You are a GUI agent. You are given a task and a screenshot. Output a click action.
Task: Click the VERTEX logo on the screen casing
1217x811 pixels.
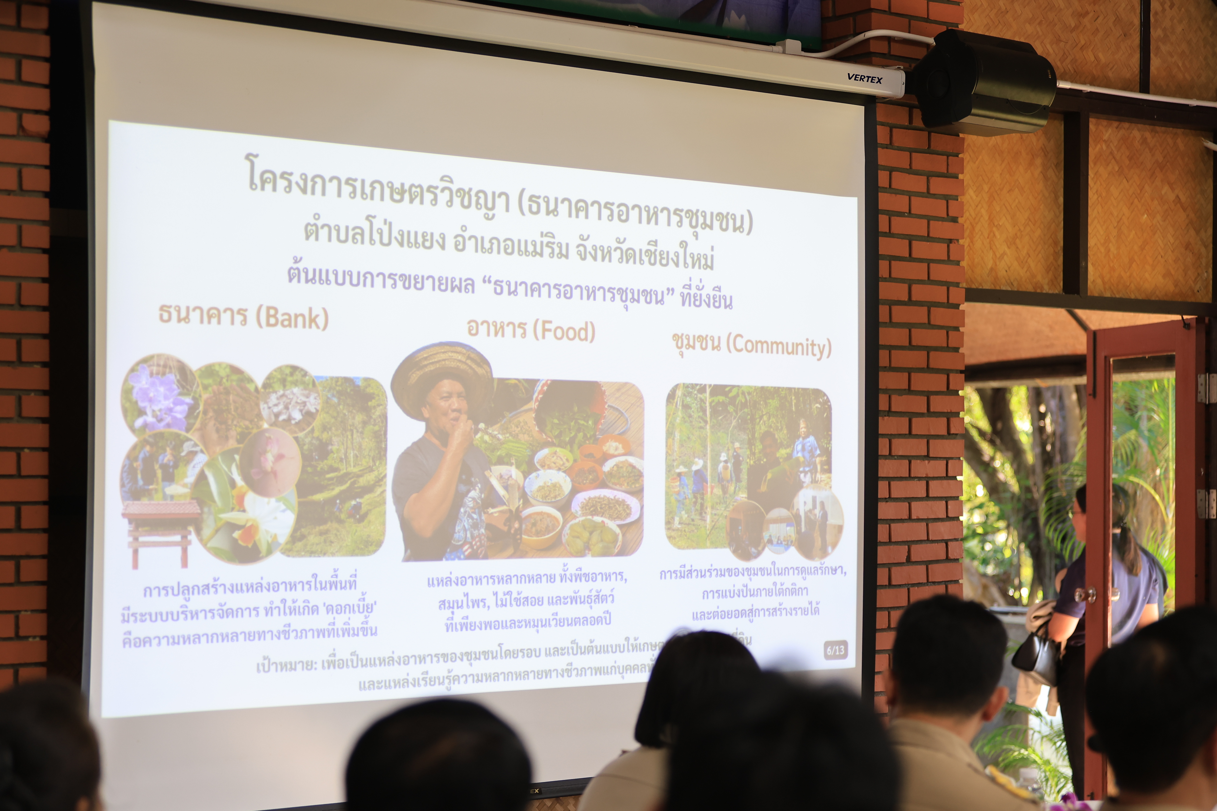pyautogui.click(x=864, y=78)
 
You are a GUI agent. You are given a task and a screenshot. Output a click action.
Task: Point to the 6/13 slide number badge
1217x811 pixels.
pyautogui.click(x=835, y=650)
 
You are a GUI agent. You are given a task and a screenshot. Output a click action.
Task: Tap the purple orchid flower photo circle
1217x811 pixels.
pyautogui.click(x=159, y=396)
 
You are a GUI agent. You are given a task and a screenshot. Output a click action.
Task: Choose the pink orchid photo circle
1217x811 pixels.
pyautogui.click(x=270, y=460)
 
